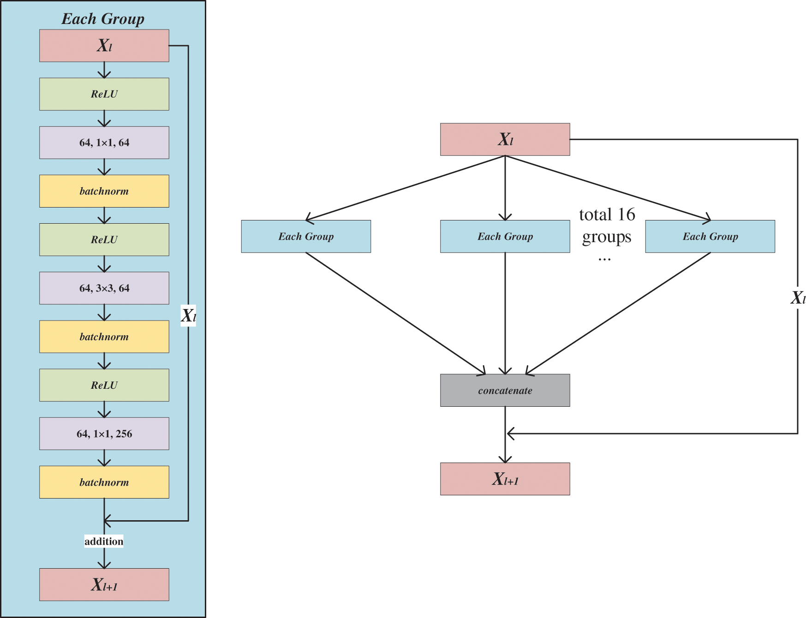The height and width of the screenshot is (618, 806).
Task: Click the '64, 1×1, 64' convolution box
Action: (x=104, y=143)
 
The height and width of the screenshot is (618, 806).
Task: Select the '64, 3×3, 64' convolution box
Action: (x=104, y=288)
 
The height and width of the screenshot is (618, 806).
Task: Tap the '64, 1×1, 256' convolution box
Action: (x=104, y=434)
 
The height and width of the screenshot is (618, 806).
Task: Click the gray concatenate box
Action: (x=505, y=390)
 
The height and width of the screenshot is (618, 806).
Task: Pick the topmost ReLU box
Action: (x=104, y=94)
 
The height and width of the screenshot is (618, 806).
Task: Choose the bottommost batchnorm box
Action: (x=104, y=482)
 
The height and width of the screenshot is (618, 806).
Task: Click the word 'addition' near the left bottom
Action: (x=104, y=541)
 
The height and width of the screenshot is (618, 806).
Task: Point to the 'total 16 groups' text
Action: (x=607, y=226)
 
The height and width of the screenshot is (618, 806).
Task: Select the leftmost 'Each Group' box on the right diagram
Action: (x=306, y=236)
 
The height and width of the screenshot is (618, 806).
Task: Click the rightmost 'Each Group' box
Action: (x=710, y=236)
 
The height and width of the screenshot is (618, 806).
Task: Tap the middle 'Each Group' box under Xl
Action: (x=505, y=236)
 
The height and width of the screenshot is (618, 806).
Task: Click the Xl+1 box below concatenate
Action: (x=505, y=479)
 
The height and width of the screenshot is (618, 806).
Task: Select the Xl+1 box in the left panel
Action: (x=104, y=584)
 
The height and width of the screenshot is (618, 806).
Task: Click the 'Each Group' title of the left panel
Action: (x=103, y=19)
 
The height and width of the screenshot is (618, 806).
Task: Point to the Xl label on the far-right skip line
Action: (x=798, y=297)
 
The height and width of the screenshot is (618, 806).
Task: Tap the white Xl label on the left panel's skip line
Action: (x=188, y=315)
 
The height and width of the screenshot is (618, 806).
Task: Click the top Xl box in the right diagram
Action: (x=505, y=139)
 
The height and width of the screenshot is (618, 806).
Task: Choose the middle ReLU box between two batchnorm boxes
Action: (x=104, y=239)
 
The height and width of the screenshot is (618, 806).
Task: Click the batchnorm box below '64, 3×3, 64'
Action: (x=104, y=337)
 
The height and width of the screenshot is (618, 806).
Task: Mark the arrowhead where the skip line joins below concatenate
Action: (x=509, y=434)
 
